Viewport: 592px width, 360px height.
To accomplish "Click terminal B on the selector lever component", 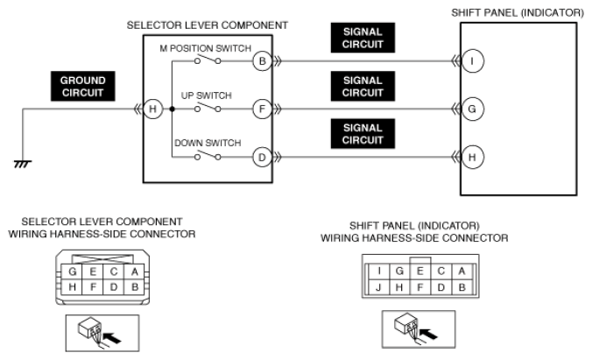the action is [x=263, y=60].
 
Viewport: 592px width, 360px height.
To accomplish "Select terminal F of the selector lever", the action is [x=263, y=109].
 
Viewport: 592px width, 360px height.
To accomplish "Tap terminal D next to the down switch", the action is [x=263, y=157].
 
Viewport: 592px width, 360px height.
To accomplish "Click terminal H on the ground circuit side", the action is [x=153, y=109].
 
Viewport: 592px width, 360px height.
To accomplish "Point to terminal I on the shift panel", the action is [x=472, y=60].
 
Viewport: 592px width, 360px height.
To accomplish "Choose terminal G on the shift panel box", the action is [x=472, y=109].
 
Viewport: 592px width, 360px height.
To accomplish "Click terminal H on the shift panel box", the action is [x=472, y=157].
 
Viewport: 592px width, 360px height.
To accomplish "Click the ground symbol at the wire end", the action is [x=23, y=164].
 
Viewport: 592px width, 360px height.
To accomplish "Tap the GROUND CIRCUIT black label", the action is [x=82, y=86].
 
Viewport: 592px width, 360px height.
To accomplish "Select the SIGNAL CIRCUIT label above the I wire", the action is [x=363, y=38].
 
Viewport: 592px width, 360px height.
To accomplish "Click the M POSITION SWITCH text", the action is [x=206, y=49].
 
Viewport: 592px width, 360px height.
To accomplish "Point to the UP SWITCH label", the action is [x=206, y=95].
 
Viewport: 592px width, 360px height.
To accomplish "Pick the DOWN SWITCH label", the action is [x=208, y=143].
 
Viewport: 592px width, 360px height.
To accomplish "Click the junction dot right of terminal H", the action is [x=173, y=109].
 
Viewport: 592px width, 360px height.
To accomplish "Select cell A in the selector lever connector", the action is [x=134, y=272].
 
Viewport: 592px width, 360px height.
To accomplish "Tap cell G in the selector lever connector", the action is [x=72, y=272].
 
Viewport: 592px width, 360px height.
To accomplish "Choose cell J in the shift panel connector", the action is [x=378, y=287].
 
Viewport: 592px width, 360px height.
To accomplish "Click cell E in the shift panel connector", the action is [x=419, y=272].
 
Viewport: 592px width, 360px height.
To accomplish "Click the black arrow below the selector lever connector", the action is [x=112, y=337].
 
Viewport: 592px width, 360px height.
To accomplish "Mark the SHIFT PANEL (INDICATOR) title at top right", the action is [x=518, y=13].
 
